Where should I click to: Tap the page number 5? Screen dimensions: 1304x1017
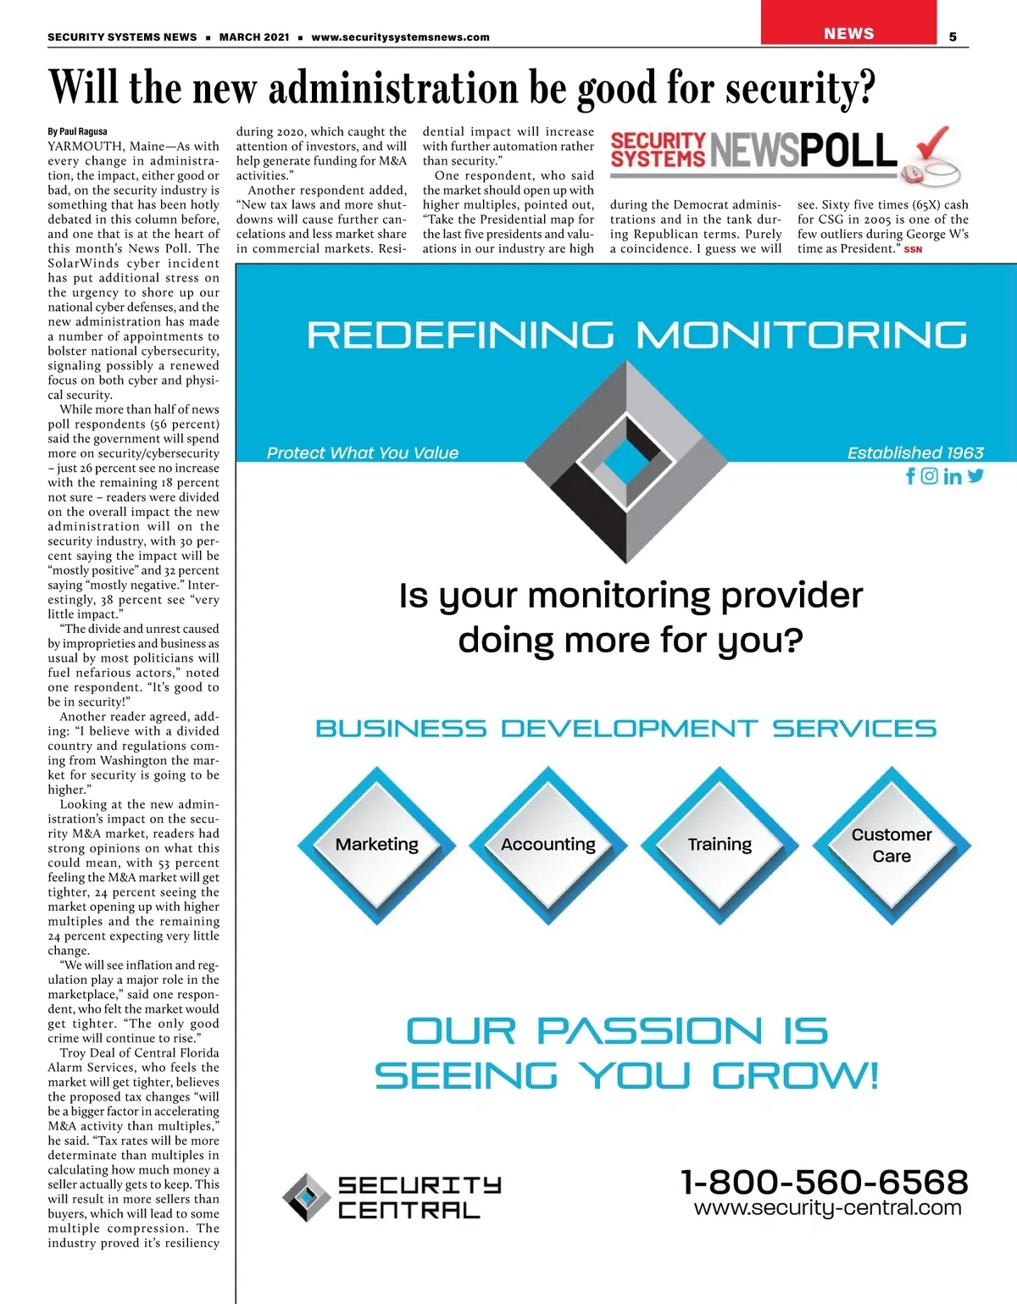tap(953, 36)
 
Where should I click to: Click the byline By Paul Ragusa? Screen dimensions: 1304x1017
tap(77, 131)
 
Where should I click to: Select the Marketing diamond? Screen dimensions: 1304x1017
tap(377, 845)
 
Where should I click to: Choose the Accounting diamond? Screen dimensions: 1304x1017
tap(548, 845)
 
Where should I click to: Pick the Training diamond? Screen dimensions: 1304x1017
tap(720, 845)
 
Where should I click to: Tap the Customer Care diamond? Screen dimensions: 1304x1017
tap(892, 845)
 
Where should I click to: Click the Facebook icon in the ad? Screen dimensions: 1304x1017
tap(911, 476)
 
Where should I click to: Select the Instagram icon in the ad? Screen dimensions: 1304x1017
tap(930, 476)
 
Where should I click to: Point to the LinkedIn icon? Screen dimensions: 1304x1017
tap(953, 476)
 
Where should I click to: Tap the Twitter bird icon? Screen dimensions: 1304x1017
tap(975, 475)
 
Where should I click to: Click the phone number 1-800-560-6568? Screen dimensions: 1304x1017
tap(824, 1181)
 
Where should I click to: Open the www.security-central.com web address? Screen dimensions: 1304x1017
tap(827, 1207)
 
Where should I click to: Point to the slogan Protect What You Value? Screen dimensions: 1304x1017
tap(363, 452)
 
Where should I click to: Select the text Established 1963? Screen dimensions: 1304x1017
tap(915, 452)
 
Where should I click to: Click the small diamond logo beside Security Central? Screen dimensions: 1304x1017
tap(306, 1197)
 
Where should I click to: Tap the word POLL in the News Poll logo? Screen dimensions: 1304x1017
tap(847, 151)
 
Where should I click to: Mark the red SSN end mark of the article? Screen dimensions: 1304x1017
tap(913, 249)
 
